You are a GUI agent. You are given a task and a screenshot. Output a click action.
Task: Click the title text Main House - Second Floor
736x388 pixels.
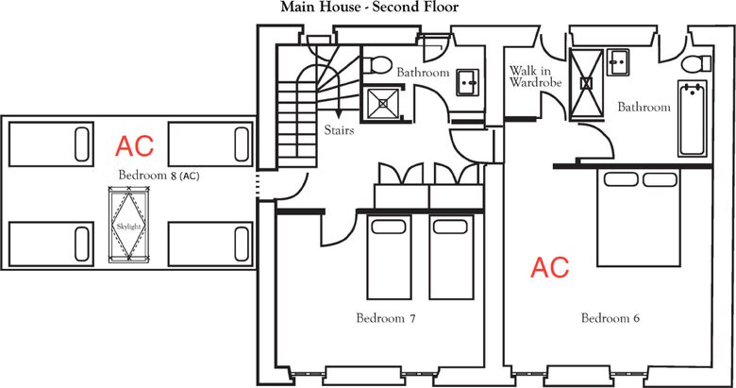pos(369,7)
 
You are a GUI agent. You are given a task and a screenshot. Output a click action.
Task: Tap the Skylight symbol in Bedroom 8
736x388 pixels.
pos(128,225)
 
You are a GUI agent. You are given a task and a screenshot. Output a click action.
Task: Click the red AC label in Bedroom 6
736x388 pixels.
pos(550,267)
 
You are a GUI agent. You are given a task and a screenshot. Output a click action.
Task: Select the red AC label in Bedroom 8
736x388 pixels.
pos(135,146)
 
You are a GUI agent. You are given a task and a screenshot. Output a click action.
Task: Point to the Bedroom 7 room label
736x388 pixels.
pos(386,318)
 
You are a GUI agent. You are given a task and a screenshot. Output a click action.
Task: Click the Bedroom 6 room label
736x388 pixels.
pos(611,318)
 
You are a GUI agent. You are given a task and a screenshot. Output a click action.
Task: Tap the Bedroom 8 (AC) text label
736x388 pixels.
pos(159,176)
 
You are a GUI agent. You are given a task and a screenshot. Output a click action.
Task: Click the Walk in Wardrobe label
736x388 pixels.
pos(536,76)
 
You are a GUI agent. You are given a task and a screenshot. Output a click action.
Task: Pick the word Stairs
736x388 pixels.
pos(339,129)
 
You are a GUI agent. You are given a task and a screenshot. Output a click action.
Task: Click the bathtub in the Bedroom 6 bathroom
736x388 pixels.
pos(692,118)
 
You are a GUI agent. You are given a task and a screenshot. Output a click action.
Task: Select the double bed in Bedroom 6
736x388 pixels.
pos(639,218)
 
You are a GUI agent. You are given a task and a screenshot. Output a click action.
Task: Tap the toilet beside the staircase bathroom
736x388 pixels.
pos(376,65)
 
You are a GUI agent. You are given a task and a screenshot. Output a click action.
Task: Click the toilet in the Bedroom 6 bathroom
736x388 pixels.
pos(696,63)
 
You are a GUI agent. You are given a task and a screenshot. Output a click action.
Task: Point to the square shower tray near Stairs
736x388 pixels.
pos(382,103)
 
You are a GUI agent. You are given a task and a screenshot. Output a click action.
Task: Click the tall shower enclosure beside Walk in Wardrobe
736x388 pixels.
pos(586,83)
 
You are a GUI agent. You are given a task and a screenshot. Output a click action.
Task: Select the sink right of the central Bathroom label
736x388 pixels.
pos(467,83)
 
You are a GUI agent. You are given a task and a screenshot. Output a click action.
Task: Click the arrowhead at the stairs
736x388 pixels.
pos(338,114)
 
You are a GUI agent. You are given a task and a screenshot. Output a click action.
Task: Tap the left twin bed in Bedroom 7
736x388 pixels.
pos(389,257)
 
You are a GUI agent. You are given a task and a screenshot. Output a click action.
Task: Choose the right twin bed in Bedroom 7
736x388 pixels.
pos(452,257)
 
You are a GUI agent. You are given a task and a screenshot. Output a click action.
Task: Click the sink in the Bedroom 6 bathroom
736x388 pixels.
pos(618,62)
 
